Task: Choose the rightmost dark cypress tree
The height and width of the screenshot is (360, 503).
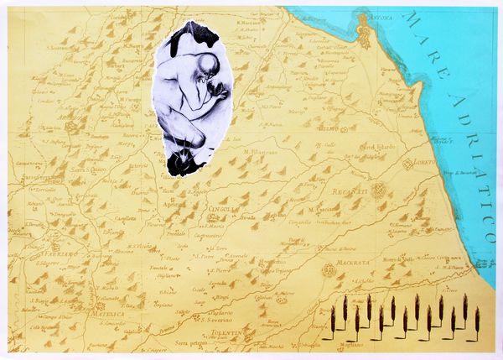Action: click(478, 319)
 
